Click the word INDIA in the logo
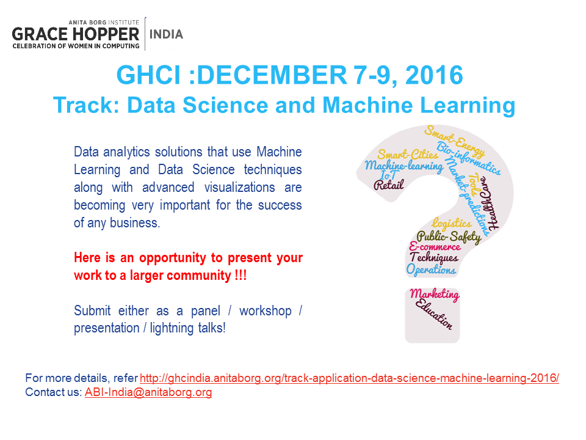166,34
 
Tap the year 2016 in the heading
434,75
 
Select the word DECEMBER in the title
272,75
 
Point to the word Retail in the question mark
389,185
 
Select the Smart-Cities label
407,154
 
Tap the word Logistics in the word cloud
452,224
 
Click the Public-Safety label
449,237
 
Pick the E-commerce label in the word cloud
435,246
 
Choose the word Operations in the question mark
431,269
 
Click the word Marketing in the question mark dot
434,295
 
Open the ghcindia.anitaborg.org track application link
349,378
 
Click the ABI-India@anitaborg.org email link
148,392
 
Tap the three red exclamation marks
241,276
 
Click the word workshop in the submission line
266,311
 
